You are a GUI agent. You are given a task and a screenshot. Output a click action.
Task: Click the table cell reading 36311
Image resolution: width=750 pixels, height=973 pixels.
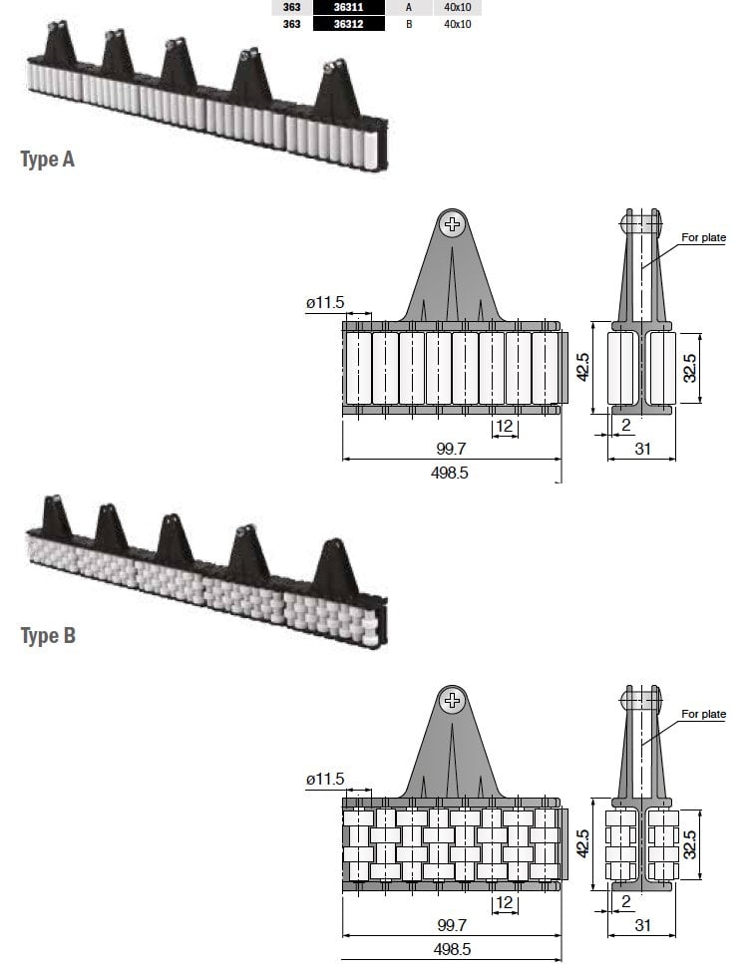pos(348,7)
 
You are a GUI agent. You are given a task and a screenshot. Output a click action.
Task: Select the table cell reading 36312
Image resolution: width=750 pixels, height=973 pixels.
pos(348,24)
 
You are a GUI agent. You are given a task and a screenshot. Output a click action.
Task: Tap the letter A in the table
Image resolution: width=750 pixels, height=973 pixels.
pos(409,7)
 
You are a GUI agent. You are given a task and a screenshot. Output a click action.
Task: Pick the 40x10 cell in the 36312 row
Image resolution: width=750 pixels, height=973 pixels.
pos(458,24)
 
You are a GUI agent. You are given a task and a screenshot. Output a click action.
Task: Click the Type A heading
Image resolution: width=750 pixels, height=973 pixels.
pos(48,160)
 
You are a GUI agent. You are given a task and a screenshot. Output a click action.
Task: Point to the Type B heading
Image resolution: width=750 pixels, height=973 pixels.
pos(49,636)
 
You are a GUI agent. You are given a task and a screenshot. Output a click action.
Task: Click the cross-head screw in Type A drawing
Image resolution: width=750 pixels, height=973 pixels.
pos(452,224)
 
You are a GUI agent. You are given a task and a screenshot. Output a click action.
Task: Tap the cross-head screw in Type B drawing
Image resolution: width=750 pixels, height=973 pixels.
pos(452,701)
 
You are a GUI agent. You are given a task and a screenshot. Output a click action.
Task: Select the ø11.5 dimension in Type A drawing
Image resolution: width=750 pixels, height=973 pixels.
pos(325,302)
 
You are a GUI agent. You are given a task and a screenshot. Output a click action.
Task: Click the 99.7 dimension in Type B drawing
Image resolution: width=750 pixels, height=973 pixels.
pos(452,925)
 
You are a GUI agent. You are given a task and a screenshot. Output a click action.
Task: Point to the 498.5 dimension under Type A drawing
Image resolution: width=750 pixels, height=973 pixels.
pos(450,473)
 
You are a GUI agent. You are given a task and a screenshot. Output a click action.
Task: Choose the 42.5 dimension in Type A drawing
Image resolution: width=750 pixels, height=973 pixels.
pos(583,367)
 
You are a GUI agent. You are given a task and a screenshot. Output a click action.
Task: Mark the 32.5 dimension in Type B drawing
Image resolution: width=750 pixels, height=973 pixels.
pos(690,844)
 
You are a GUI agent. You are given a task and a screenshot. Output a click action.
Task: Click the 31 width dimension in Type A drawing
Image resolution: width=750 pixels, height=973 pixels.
pos(642,449)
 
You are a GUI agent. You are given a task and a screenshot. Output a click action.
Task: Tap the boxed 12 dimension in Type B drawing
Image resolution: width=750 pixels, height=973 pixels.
pos(505,902)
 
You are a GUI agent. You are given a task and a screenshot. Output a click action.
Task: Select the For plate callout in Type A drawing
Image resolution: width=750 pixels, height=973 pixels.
pos(703,237)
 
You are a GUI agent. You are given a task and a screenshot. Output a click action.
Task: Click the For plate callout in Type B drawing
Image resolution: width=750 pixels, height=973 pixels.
pos(703,714)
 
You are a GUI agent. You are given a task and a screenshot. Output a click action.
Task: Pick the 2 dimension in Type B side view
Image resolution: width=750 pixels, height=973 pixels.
pos(625,901)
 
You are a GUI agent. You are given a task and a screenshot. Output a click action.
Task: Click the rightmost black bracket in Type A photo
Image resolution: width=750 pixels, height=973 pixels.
pos(337,91)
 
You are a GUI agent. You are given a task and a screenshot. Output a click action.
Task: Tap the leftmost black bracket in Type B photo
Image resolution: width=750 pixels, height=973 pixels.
pos(57,515)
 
